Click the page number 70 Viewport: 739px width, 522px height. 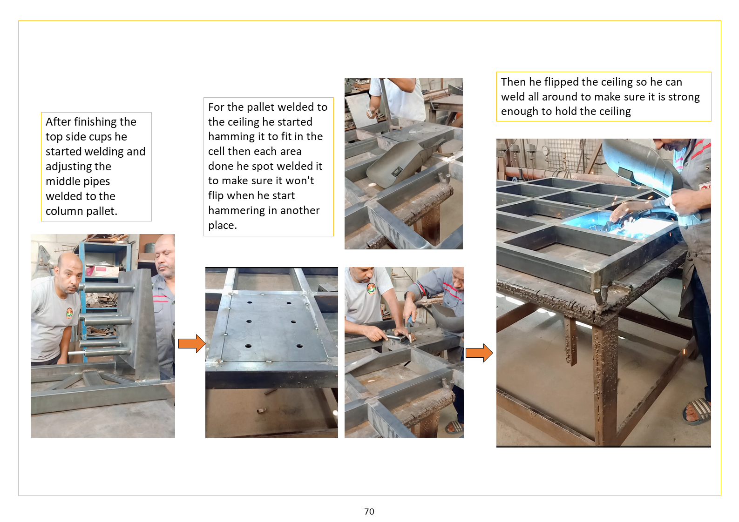tap(369, 511)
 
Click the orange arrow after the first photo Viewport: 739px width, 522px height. tap(192, 343)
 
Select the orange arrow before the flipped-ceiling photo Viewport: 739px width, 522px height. tap(479, 353)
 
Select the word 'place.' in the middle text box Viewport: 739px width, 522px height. tap(223, 225)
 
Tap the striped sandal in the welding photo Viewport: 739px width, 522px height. tap(698, 411)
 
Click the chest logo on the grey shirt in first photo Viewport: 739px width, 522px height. tap(69, 313)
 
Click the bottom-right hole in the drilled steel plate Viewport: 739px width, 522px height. tap(299, 346)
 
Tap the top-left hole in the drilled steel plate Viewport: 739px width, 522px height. tap(250, 302)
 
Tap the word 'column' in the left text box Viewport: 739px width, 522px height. tap(64, 211)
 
